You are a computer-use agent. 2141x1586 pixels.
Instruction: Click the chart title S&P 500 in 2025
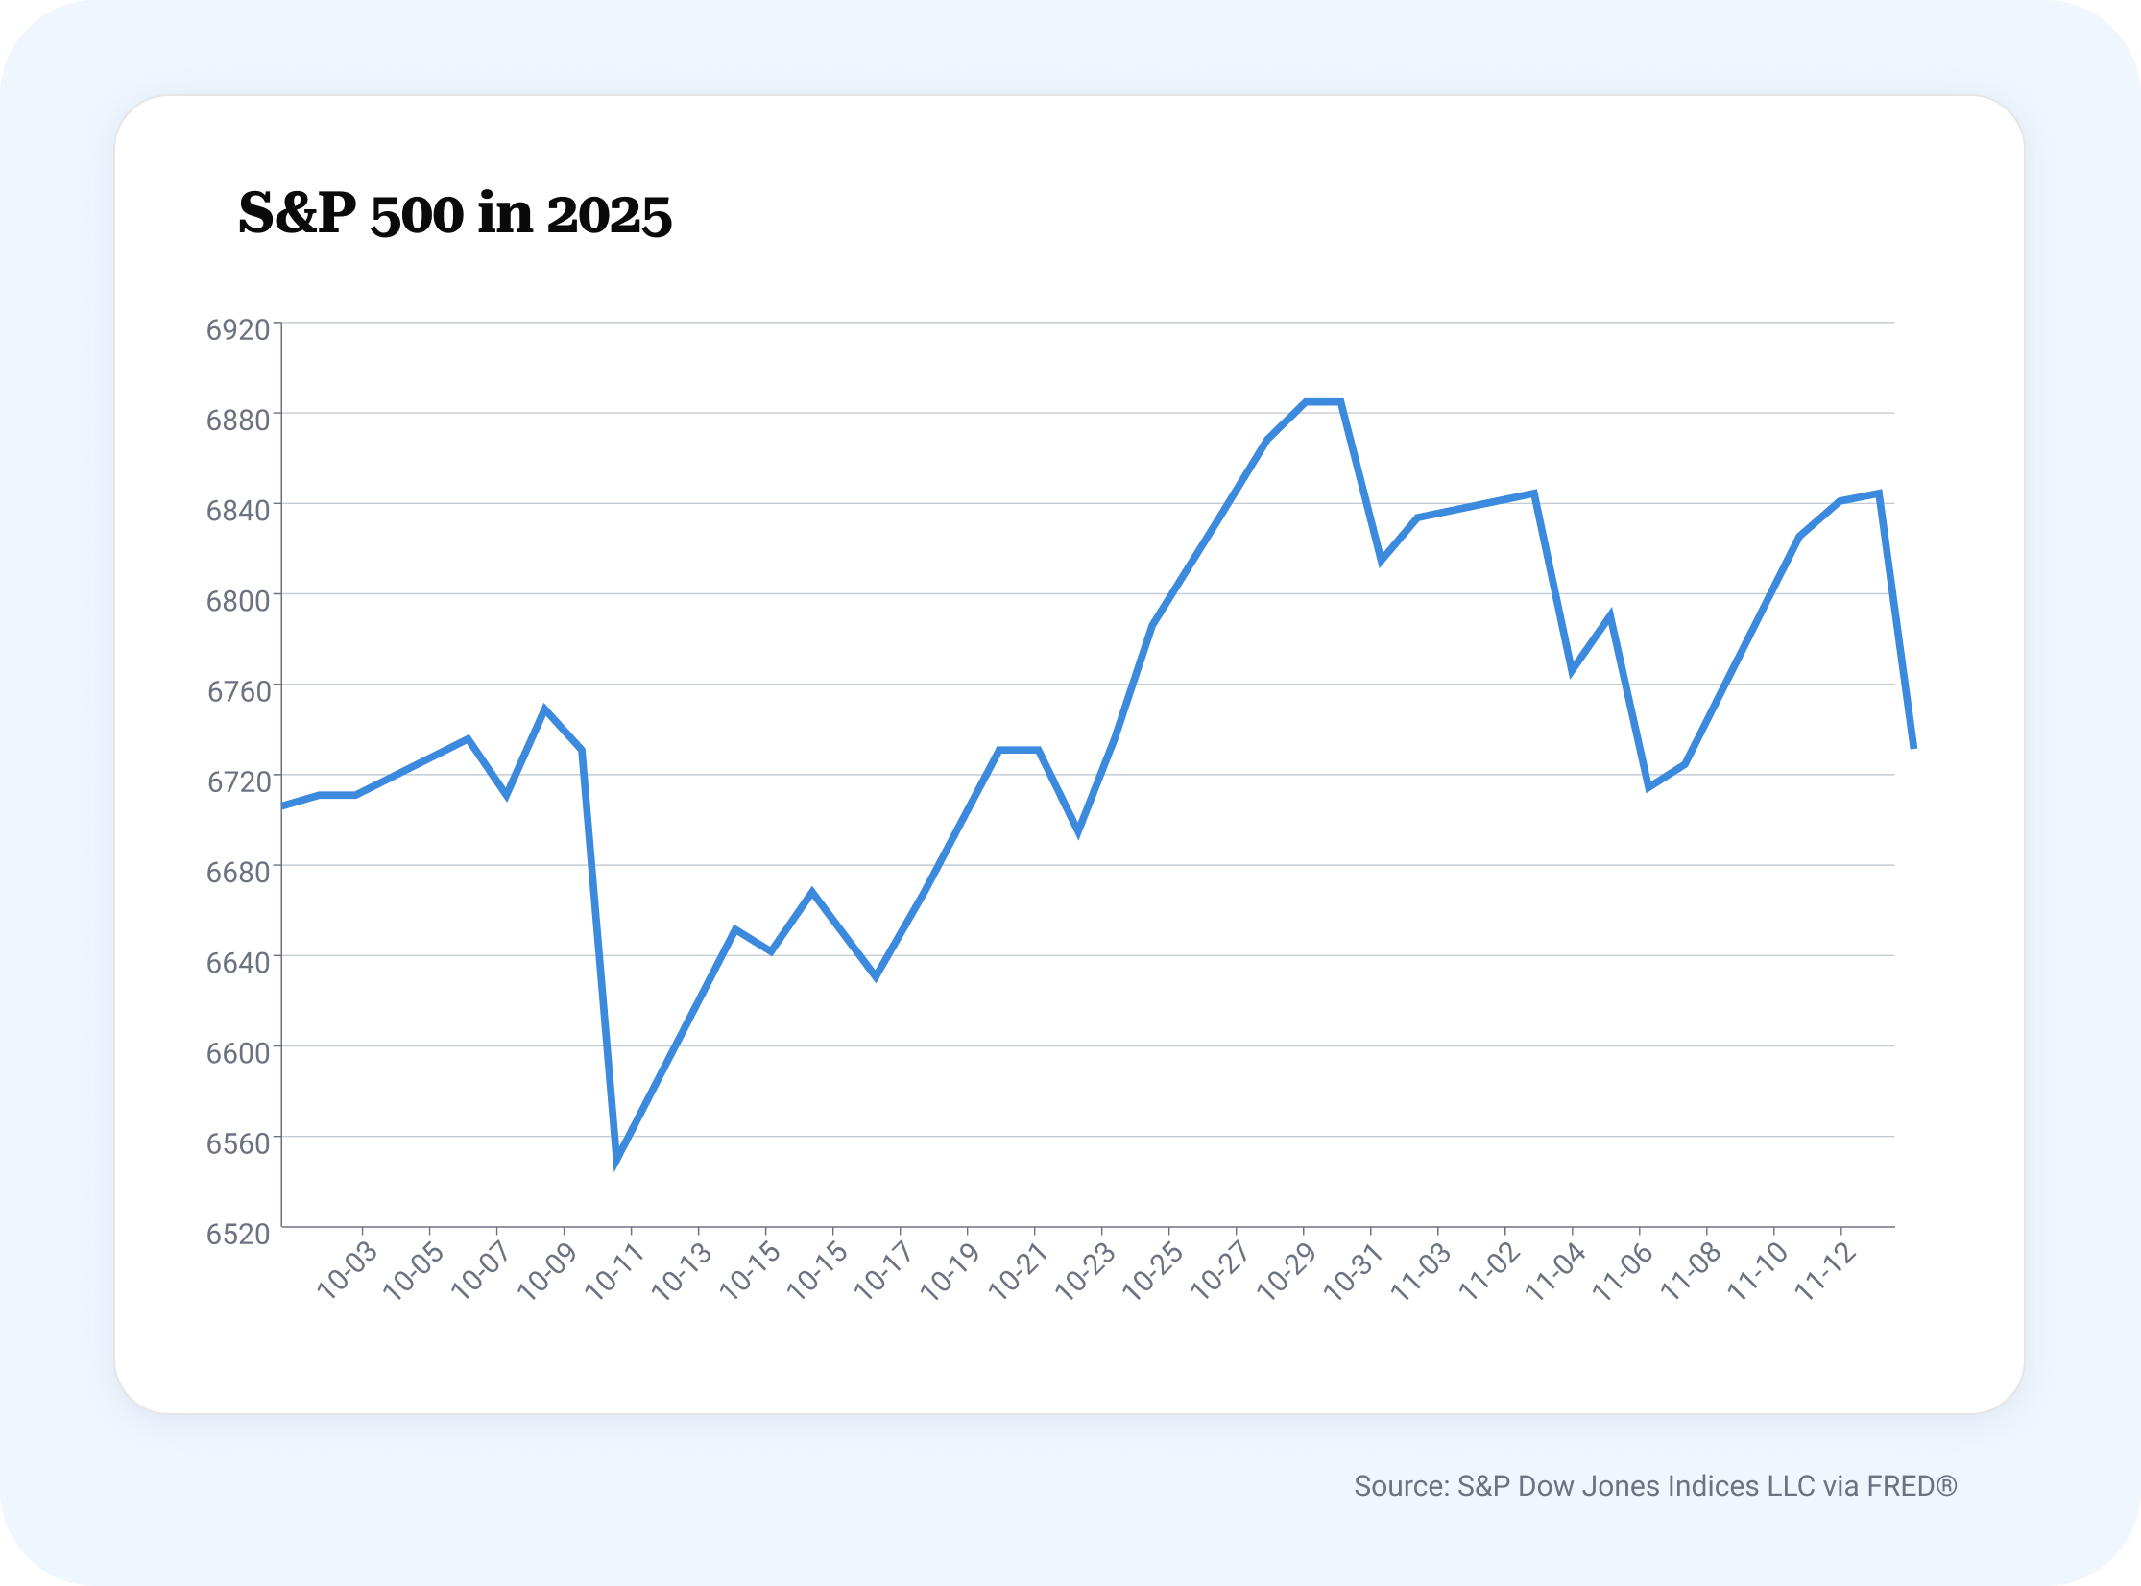pyautogui.click(x=454, y=213)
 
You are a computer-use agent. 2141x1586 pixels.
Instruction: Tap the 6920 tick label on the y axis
pyautogui.click(x=238, y=330)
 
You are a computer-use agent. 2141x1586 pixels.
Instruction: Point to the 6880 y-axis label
pyautogui.click(x=238, y=421)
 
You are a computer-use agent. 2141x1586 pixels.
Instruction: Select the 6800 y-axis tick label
pyautogui.click(x=238, y=601)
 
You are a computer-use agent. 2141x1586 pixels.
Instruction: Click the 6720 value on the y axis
pyautogui.click(x=238, y=781)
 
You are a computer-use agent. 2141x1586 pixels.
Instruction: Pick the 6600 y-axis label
pyautogui.click(x=238, y=1053)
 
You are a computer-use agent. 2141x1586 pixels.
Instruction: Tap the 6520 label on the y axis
pyautogui.click(x=238, y=1234)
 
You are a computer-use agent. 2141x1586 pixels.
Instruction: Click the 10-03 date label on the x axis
pyautogui.click(x=348, y=1270)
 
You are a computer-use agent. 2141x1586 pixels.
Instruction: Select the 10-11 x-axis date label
pyautogui.click(x=615, y=1270)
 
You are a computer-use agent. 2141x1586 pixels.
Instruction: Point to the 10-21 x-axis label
pyautogui.click(x=1019, y=1270)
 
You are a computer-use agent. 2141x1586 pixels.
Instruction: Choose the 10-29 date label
pyautogui.click(x=1287, y=1270)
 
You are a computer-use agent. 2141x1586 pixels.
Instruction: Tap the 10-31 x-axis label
pyautogui.click(x=1355, y=1270)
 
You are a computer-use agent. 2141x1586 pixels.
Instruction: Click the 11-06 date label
pyautogui.click(x=1624, y=1270)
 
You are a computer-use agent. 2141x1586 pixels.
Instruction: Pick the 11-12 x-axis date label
pyautogui.click(x=1825, y=1270)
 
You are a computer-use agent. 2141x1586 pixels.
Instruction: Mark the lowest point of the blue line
pyautogui.click(x=617, y=1160)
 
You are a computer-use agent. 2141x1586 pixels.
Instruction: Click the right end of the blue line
pyautogui.click(x=1913, y=746)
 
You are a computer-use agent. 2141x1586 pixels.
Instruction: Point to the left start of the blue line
pyautogui.click(x=283, y=805)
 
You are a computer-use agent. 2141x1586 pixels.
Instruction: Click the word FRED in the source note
pyautogui.click(x=1900, y=1486)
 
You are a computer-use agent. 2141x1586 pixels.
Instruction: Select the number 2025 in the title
pyautogui.click(x=609, y=215)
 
